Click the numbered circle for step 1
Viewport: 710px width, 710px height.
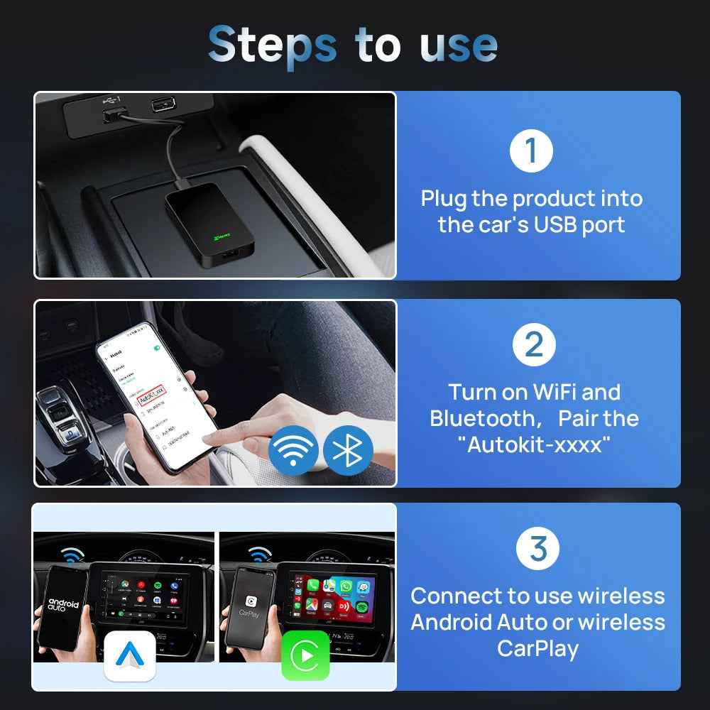pyautogui.click(x=531, y=152)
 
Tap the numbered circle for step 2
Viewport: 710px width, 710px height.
pyautogui.click(x=534, y=345)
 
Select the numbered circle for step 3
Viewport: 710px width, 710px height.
pyautogui.click(x=538, y=548)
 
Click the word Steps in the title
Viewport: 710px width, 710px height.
pyautogui.click(x=273, y=45)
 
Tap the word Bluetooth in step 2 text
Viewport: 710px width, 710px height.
pyautogui.click(x=481, y=418)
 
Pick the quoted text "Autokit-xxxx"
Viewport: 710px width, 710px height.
pyautogui.click(x=534, y=445)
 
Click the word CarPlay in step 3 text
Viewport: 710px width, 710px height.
pyautogui.click(x=537, y=648)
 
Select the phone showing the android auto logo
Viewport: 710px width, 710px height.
pyautogui.click(x=63, y=607)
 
